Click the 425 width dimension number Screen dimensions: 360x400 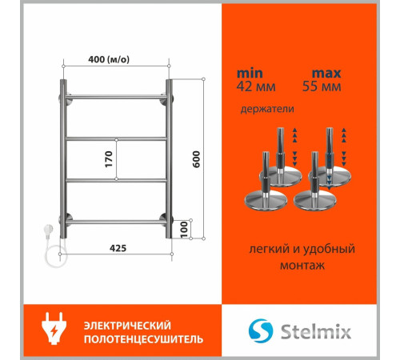117,247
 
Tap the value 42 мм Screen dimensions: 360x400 254,86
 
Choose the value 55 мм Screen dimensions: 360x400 324,86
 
